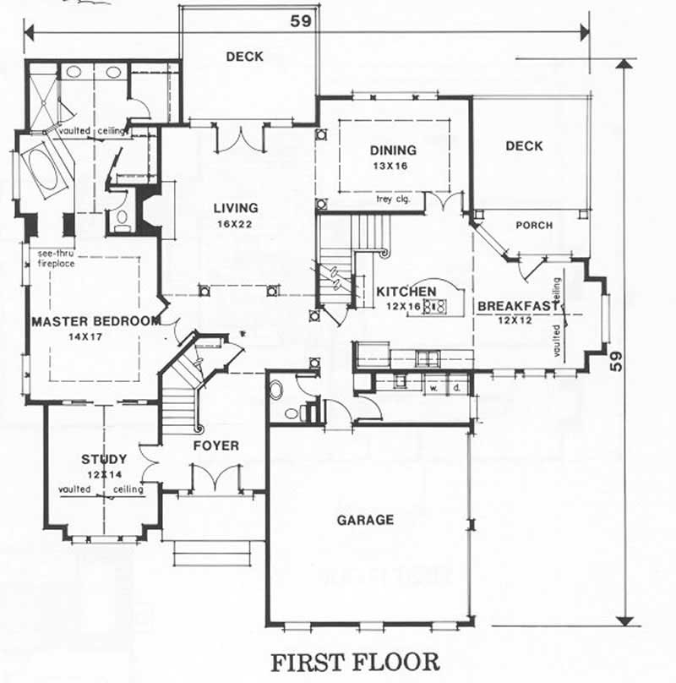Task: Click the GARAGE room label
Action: click(x=365, y=520)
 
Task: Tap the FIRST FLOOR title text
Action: click(x=355, y=661)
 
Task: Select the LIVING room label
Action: click(x=235, y=208)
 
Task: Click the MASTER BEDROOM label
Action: click(x=95, y=321)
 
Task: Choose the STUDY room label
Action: click(x=104, y=459)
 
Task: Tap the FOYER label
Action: click(x=215, y=445)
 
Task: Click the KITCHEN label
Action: click(x=406, y=292)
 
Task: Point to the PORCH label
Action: click(x=533, y=226)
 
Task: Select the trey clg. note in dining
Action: click(x=394, y=199)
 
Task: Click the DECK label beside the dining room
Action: click(x=524, y=146)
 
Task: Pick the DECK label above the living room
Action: click(x=244, y=57)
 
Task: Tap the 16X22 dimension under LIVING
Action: click(x=235, y=224)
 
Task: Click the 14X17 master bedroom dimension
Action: click(x=95, y=336)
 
